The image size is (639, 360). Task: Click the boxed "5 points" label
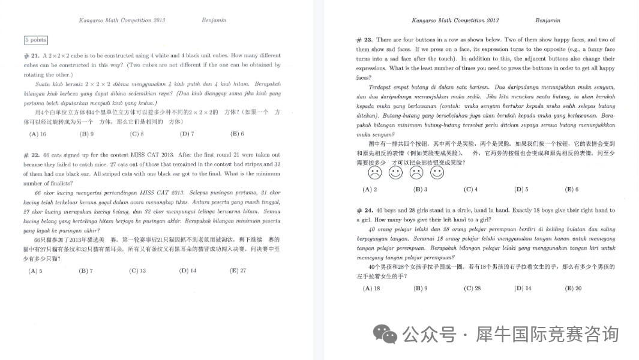[35, 40]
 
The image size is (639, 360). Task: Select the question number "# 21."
[31, 56]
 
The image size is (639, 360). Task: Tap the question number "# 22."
[31, 155]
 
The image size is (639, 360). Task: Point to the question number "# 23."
[365, 40]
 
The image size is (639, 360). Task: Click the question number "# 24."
[365, 211]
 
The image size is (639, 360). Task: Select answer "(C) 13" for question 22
[137, 271]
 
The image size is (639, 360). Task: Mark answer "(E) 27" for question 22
[238, 271]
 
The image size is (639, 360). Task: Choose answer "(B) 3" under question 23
[420, 190]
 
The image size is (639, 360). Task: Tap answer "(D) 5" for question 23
[521, 190]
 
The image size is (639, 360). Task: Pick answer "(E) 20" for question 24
[573, 289]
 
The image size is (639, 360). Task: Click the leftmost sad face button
[375, 173]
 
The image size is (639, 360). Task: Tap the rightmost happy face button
[437, 173]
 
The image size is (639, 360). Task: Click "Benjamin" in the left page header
[214, 20]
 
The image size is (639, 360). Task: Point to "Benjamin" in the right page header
[547, 20]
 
